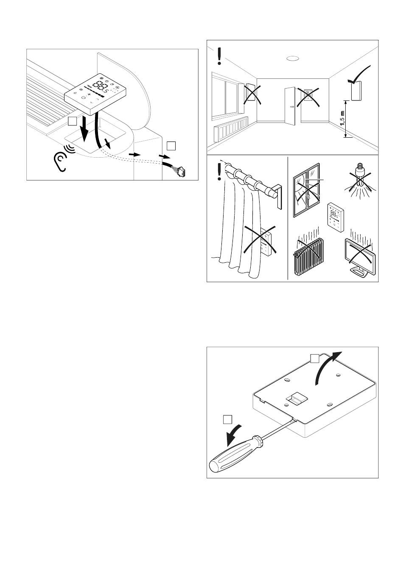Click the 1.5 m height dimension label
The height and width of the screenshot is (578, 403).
pyautogui.click(x=342, y=119)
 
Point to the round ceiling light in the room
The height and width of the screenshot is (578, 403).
pyautogui.click(x=291, y=59)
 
